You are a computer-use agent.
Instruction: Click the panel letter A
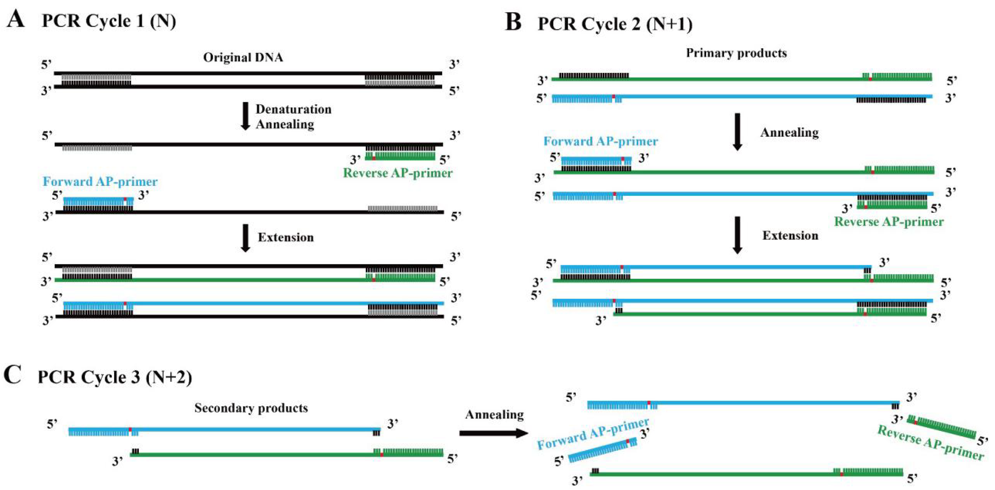pyautogui.click(x=16, y=19)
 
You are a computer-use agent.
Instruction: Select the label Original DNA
pyautogui.click(x=243, y=57)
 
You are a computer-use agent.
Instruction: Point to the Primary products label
pyautogui.click(x=736, y=53)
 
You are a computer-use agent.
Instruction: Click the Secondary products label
pyautogui.click(x=251, y=408)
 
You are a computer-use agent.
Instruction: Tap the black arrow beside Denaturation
pyautogui.click(x=245, y=116)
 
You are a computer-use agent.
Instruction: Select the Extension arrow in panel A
pyautogui.click(x=245, y=238)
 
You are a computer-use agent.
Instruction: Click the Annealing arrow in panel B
pyautogui.click(x=737, y=131)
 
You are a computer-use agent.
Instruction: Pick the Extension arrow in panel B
pyautogui.click(x=737, y=235)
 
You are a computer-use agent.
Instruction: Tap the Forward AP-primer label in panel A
pyautogui.click(x=100, y=182)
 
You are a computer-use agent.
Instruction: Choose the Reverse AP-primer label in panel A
pyautogui.click(x=397, y=173)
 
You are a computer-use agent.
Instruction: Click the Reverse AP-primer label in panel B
pyautogui.click(x=889, y=222)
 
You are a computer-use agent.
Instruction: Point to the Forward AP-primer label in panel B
pyautogui.click(x=601, y=141)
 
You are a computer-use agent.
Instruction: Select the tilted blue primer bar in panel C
pyautogui.click(x=603, y=450)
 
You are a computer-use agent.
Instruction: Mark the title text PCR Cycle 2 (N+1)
pyautogui.click(x=615, y=24)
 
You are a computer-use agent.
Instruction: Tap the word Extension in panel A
pyautogui.click(x=286, y=237)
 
